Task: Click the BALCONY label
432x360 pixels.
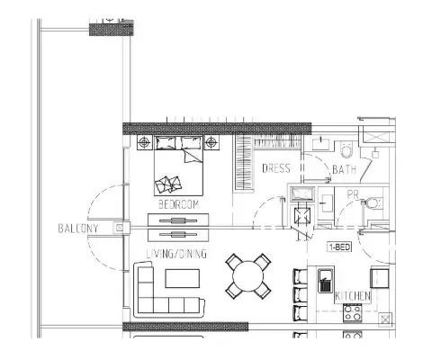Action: click(76, 229)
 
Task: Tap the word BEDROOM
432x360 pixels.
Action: click(177, 205)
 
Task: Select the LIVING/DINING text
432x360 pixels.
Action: click(176, 255)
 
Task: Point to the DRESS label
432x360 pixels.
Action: click(275, 168)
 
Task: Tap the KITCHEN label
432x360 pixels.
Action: click(352, 296)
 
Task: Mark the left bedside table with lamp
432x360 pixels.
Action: click(144, 142)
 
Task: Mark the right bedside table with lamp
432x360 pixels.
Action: click(211, 142)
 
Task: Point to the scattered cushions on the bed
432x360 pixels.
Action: click(168, 184)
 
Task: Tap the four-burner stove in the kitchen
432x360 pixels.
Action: click(351, 314)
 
